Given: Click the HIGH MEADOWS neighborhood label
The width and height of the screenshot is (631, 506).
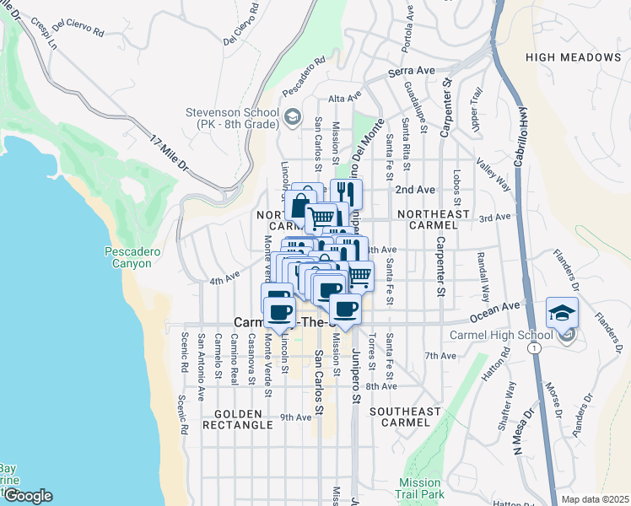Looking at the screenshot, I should click(573, 57).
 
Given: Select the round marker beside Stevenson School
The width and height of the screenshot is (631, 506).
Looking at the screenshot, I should click(293, 117).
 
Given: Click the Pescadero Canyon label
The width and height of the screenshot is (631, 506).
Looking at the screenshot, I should click(128, 257).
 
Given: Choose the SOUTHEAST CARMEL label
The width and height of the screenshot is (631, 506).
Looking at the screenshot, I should click(406, 417).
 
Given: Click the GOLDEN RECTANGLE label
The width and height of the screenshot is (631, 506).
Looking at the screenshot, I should click(244, 420).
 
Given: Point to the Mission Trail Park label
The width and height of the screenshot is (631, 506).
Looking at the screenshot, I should click(420, 488).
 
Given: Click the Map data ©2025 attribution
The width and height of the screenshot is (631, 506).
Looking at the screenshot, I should click(595, 499).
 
